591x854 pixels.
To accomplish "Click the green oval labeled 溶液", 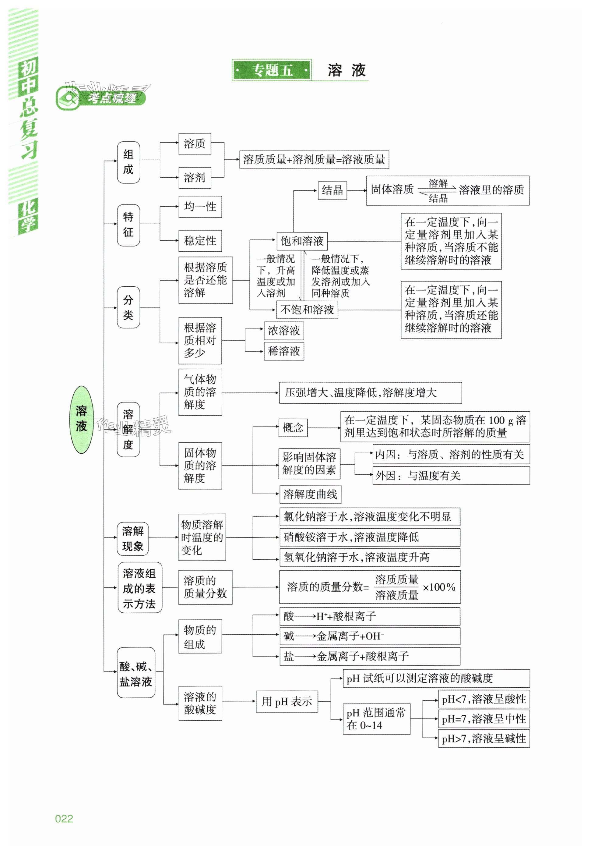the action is click(x=82, y=420).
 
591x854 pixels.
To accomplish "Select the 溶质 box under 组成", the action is click(x=194, y=144).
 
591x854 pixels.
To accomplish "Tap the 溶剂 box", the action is click(x=194, y=177).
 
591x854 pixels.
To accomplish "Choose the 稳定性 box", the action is click(x=200, y=240).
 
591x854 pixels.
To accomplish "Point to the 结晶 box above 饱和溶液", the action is click(x=332, y=190).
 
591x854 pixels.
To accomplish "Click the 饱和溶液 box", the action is click(x=302, y=241).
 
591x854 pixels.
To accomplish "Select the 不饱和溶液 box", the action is click(x=307, y=309).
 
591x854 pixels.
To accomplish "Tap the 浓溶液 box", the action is click(x=284, y=331).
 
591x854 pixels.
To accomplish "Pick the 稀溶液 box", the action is click(x=284, y=351).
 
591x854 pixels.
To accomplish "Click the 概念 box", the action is click(x=293, y=428).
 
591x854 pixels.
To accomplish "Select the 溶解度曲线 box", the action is click(x=310, y=494).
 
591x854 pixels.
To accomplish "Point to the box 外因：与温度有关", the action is click(x=451, y=475).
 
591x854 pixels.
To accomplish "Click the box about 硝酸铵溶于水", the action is click(x=370, y=537).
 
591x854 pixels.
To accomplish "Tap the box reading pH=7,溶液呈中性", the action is click(x=484, y=719).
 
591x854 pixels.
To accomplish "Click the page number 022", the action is click(x=64, y=818).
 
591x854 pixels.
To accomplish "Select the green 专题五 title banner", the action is click(x=272, y=70).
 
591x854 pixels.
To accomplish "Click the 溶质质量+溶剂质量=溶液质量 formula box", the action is click(x=314, y=160).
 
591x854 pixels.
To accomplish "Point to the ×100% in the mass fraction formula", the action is click(x=439, y=587).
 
